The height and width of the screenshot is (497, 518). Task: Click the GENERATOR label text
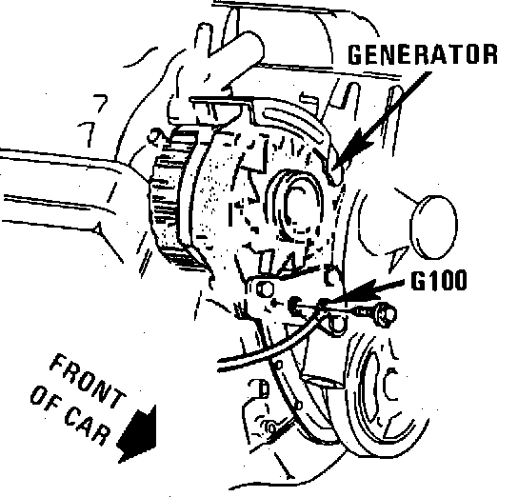[423, 54]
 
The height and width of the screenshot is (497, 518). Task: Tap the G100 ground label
[439, 280]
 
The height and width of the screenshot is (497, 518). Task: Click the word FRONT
[88, 381]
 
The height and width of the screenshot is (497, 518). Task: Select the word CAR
[87, 426]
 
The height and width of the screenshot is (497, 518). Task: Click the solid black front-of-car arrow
[137, 434]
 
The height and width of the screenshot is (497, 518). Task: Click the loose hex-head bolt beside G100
[375, 312]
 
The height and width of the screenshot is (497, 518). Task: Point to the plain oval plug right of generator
[433, 227]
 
